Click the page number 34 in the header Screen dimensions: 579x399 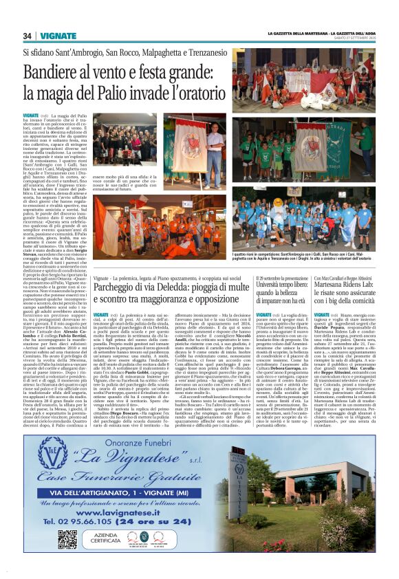pos(28,36)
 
